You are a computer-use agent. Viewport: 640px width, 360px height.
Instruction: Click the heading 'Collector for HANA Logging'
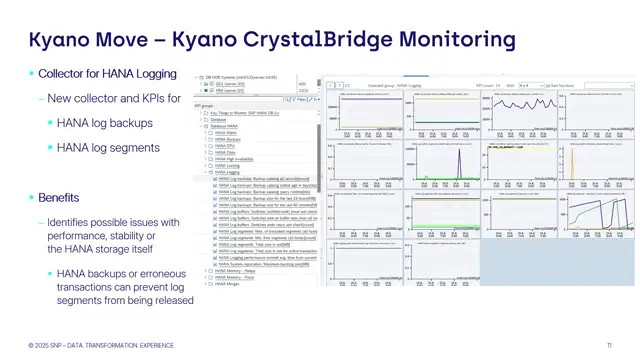click(107, 74)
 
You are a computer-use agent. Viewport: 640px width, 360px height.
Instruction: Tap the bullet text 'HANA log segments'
click(106, 148)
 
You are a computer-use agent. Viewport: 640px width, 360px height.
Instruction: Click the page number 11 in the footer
click(609, 343)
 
